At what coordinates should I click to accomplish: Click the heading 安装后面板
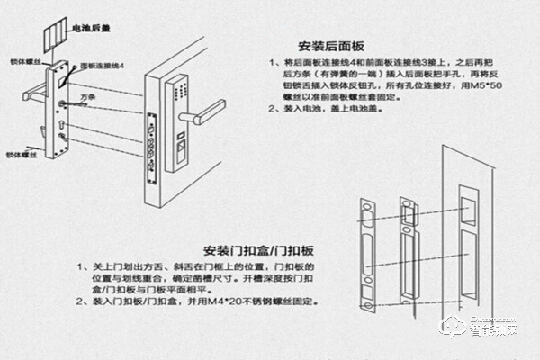[331, 46]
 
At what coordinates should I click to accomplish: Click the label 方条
[86, 94]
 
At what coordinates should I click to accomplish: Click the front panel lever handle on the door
[206, 113]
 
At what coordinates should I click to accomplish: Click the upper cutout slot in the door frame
[467, 208]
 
